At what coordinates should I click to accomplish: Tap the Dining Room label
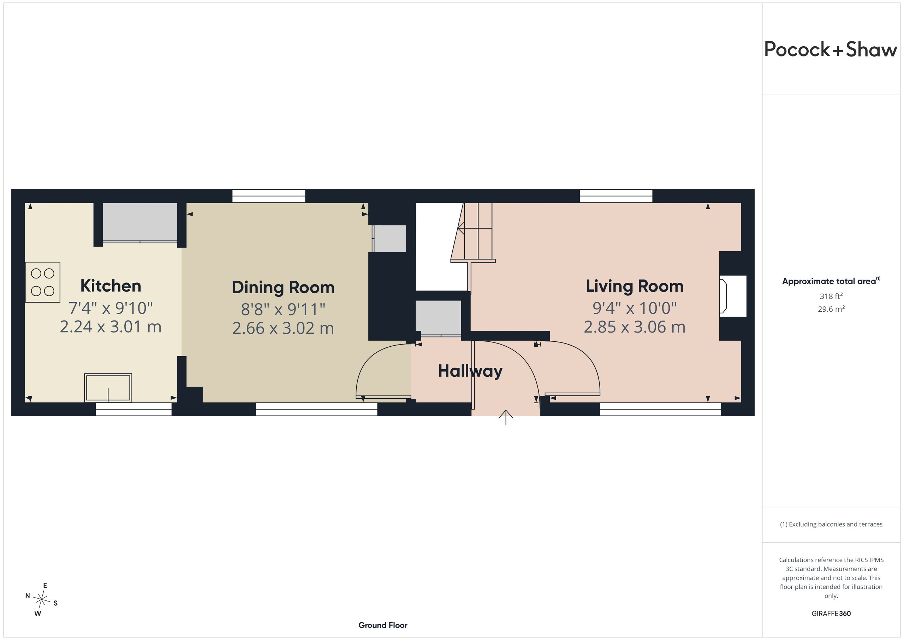(283, 288)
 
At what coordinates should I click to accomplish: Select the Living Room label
(635, 287)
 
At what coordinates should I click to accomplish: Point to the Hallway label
(470, 371)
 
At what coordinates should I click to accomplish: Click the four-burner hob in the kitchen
(42, 282)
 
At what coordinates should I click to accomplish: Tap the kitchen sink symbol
(108, 388)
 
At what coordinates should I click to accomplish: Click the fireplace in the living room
(733, 296)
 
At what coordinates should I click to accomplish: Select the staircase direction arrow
(475, 228)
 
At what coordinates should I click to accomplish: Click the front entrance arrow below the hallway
(506, 417)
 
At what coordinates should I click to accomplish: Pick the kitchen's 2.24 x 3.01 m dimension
(111, 327)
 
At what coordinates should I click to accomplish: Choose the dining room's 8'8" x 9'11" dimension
(283, 309)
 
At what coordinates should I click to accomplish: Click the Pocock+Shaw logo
(831, 50)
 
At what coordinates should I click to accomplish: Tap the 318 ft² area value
(831, 296)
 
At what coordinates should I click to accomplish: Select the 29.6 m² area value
(831, 309)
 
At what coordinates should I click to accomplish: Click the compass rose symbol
(41, 600)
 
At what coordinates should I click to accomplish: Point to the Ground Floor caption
(383, 626)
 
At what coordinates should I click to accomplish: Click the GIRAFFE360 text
(831, 613)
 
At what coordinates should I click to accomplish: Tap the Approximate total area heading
(831, 281)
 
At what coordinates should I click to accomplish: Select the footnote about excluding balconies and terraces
(831, 524)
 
